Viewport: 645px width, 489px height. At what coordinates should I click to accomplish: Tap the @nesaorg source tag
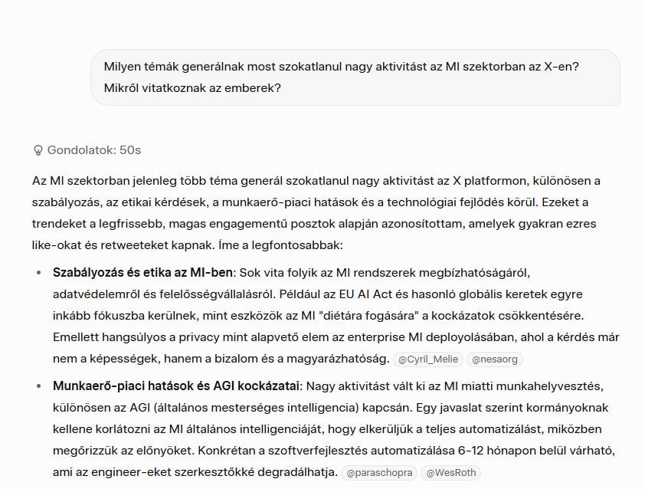point(494,358)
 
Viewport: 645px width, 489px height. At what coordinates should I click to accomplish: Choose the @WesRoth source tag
point(452,472)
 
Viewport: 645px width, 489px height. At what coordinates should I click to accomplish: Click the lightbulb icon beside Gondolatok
point(38,150)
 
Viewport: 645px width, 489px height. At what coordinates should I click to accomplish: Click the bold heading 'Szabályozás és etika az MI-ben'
point(143,272)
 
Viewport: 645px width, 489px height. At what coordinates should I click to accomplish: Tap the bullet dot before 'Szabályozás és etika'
point(39,273)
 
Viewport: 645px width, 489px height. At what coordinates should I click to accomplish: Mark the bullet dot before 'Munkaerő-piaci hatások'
point(39,386)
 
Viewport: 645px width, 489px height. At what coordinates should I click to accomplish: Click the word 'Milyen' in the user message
point(123,67)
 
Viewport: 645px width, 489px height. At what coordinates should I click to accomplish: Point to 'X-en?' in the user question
point(562,67)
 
